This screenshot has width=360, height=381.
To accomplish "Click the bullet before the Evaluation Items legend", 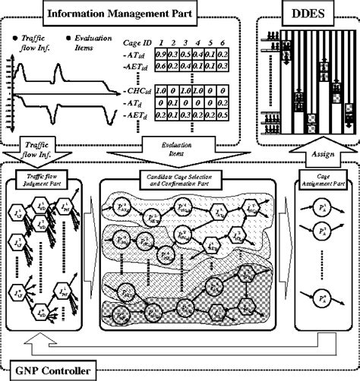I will [x=69, y=34].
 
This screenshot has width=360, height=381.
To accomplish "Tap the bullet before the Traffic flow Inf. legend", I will [x=16, y=35].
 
